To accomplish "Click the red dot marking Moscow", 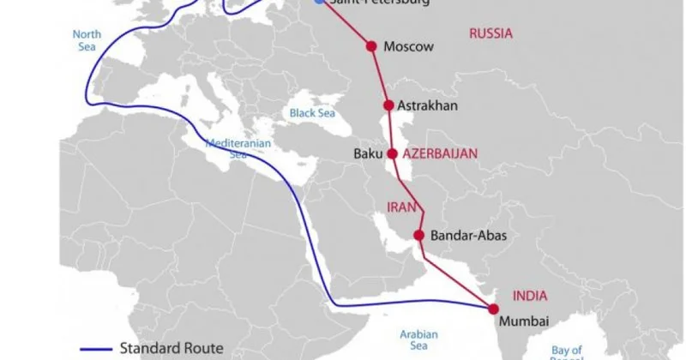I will (x=371, y=46).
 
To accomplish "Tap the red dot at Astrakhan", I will (x=388, y=105).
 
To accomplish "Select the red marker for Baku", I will (x=393, y=154).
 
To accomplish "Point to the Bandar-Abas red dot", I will (x=419, y=235).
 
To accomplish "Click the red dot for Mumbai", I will (x=493, y=307).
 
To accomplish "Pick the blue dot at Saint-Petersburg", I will (x=320, y=2).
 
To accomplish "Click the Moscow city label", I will (x=409, y=46).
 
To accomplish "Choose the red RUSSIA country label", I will (x=490, y=33).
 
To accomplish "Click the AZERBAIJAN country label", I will (x=441, y=153).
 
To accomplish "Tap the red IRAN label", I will (x=400, y=207).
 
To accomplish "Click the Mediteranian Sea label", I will (x=231, y=149).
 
